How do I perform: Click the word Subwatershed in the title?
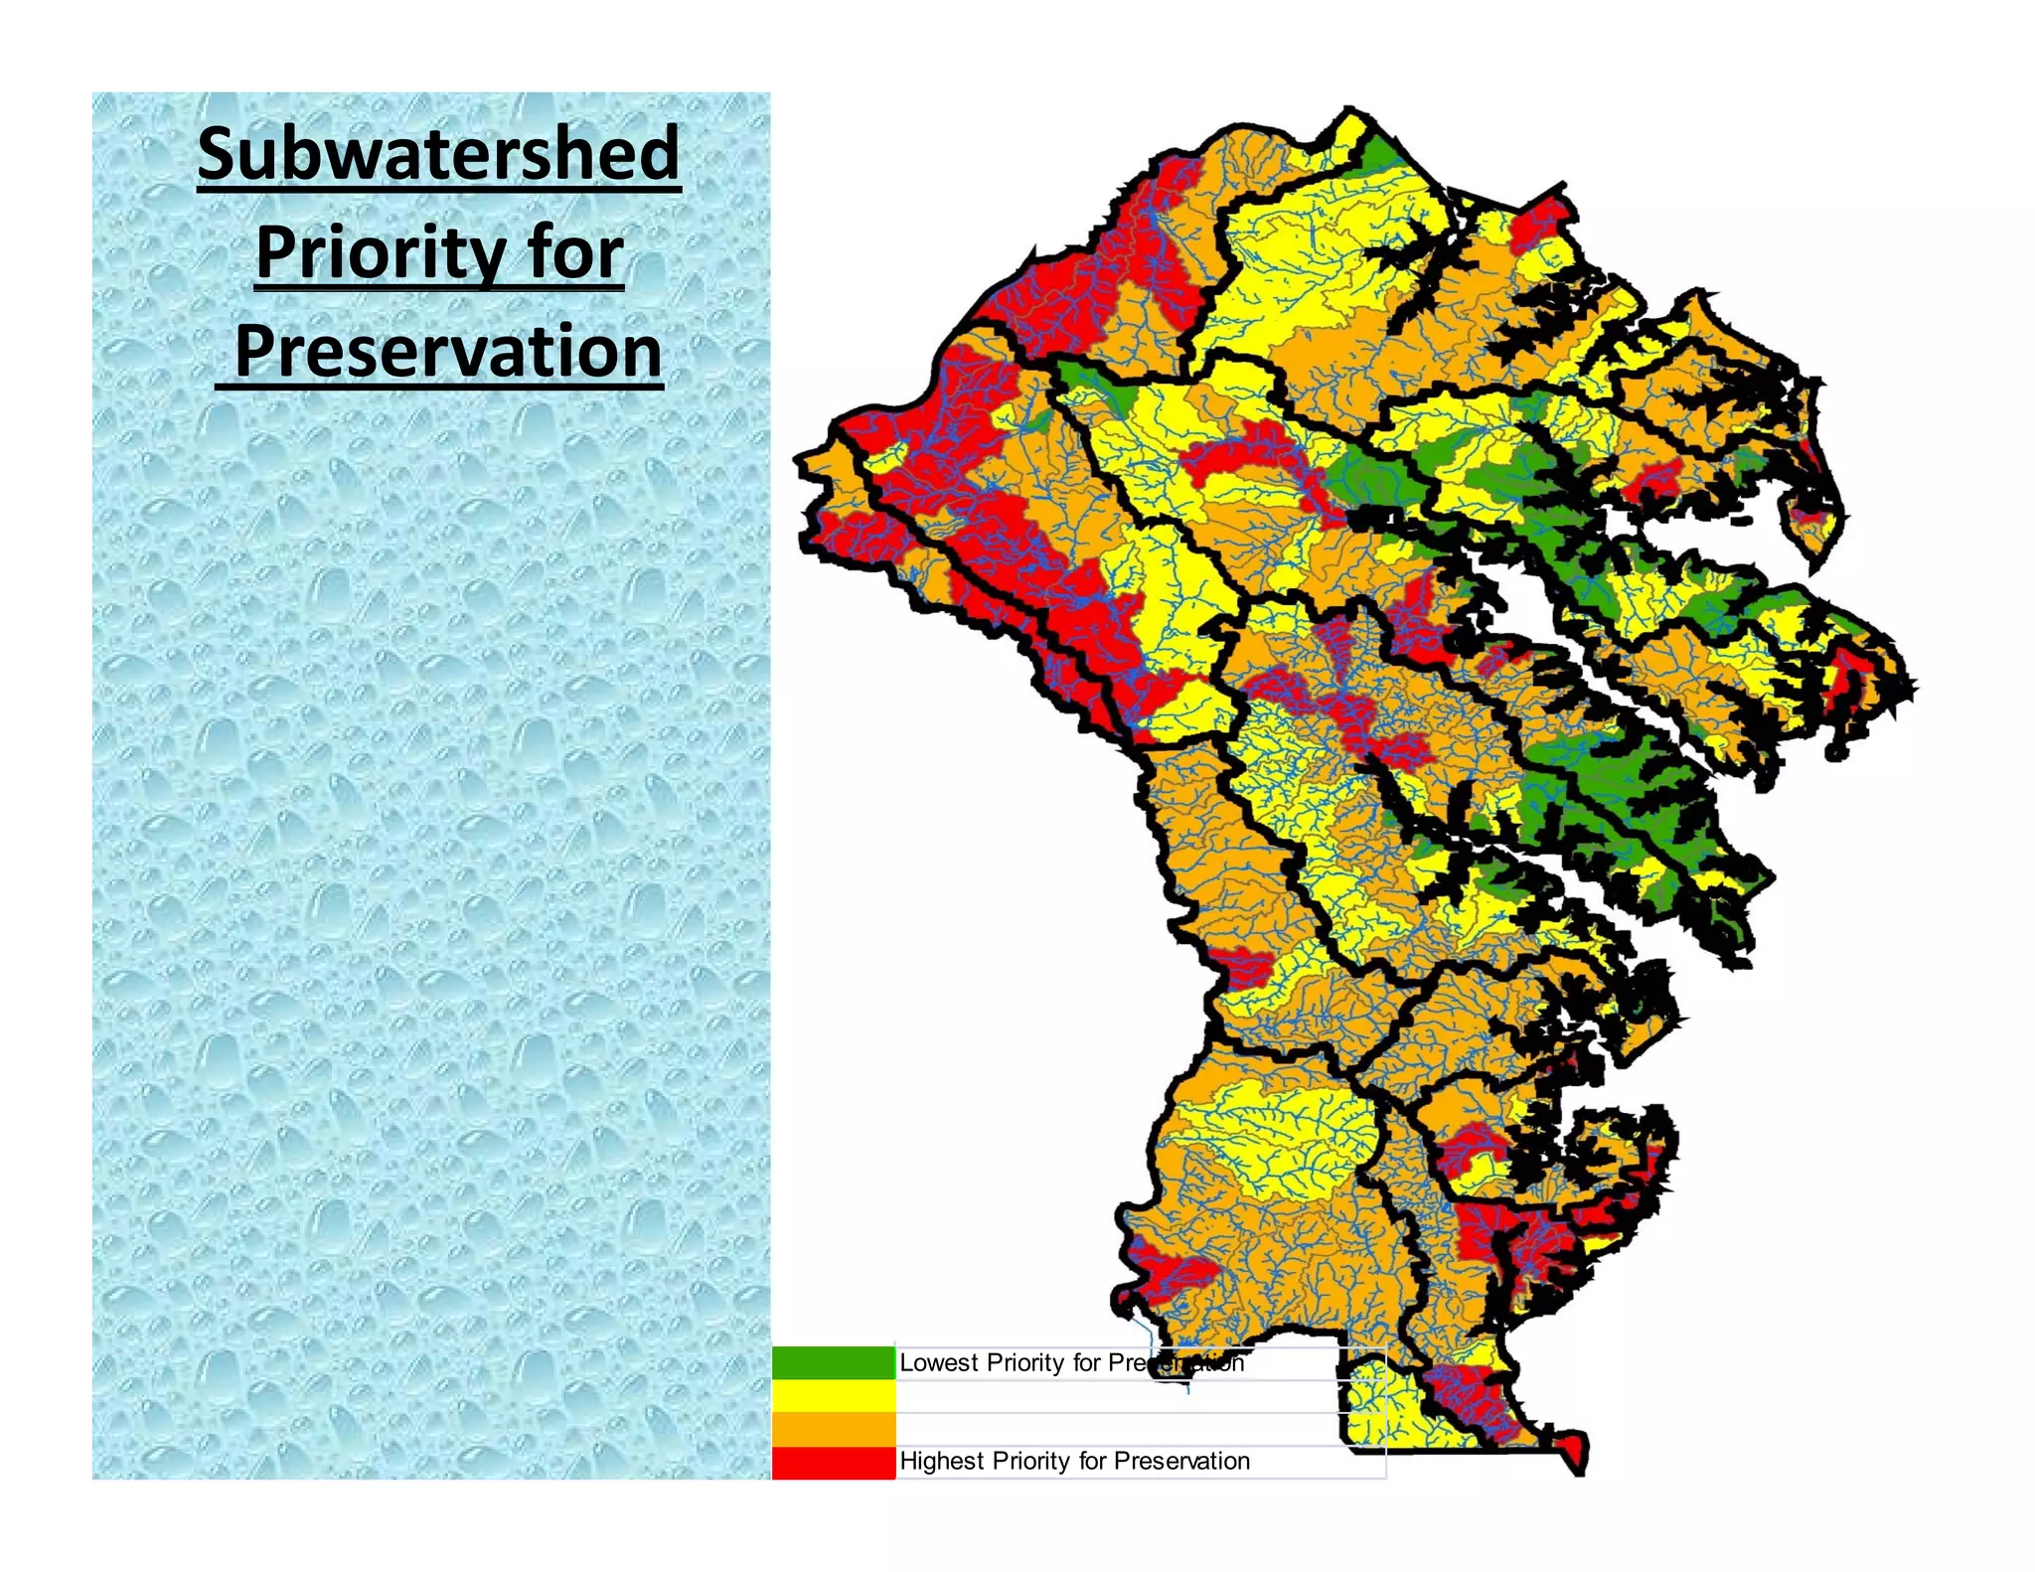[438, 154]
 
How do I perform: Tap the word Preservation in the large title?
[447, 352]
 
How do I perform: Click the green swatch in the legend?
[833, 1362]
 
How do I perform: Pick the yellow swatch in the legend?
[833, 1395]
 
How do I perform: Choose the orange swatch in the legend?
[833, 1429]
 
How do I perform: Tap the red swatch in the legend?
[833, 1462]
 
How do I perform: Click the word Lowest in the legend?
[938, 1362]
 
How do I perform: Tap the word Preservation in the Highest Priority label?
[1181, 1461]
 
